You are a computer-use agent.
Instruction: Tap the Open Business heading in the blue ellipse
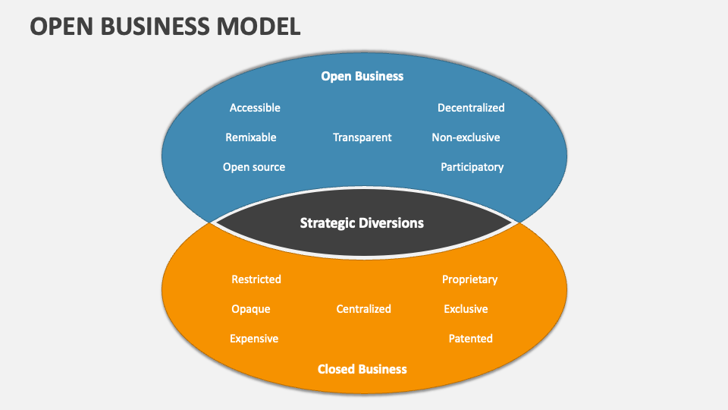[x=362, y=76]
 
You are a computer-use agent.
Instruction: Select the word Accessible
[x=255, y=108]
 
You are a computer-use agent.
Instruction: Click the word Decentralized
[x=471, y=108]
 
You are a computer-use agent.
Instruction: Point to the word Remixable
[x=251, y=137]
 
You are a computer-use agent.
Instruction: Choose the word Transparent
[x=362, y=137]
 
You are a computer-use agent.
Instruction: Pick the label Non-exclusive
[x=466, y=137]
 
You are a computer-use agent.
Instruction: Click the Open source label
[x=254, y=167]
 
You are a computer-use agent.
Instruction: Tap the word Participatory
[x=472, y=167]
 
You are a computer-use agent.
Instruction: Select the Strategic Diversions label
[x=362, y=223]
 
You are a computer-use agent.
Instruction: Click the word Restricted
[x=256, y=279]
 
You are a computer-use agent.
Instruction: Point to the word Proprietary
[x=470, y=279]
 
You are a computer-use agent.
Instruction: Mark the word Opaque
[x=251, y=309]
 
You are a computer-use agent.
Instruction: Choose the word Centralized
[x=364, y=309]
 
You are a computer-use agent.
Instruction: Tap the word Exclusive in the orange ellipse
[x=466, y=309]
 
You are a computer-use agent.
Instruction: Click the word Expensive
[x=254, y=339]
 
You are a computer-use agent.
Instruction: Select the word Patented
[x=470, y=339]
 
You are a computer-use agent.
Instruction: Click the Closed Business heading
[x=362, y=369]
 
